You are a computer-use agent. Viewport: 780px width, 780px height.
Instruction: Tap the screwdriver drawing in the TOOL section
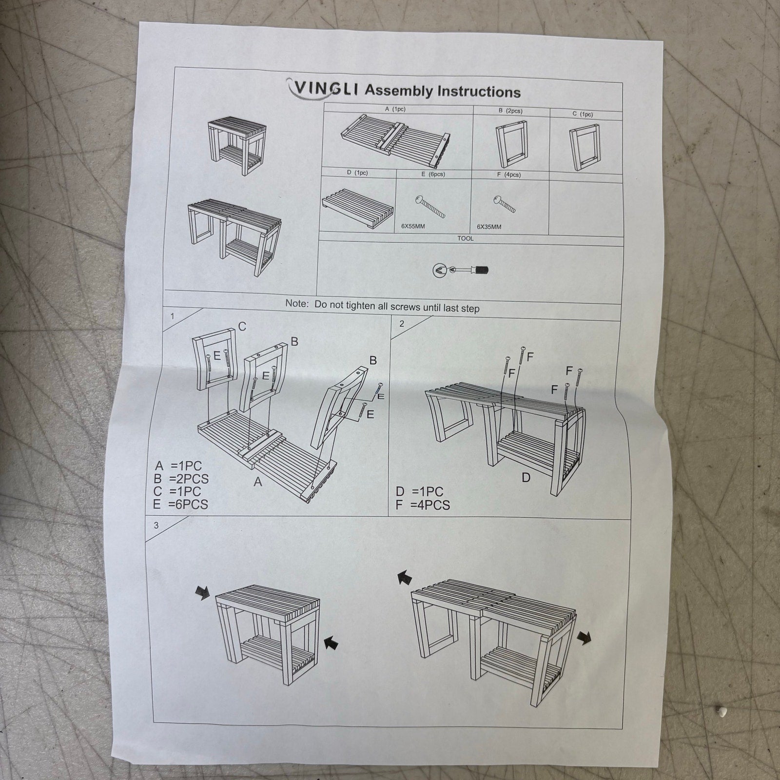point(461,270)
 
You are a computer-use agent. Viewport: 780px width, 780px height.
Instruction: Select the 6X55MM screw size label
point(413,226)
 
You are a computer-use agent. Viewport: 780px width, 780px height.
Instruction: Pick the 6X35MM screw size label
point(489,227)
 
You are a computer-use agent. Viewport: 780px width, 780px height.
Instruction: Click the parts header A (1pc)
point(395,109)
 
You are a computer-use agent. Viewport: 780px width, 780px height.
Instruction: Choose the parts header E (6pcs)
point(433,174)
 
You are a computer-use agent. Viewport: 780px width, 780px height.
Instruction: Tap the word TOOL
point(465,238)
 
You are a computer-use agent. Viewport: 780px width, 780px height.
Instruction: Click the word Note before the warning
point(297,303)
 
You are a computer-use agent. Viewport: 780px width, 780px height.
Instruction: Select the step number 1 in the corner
point(172,316)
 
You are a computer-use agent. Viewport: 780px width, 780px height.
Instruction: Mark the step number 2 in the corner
point(401,324)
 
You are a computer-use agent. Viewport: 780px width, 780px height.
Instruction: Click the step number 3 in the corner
point(156,526)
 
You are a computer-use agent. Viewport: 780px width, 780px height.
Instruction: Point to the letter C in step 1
point(242,327)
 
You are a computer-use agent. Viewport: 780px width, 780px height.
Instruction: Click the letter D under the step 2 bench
point(512,477)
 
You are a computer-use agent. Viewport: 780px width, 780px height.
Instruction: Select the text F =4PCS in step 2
point(423,505)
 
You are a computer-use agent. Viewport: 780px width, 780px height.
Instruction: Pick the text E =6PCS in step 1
point(180,504)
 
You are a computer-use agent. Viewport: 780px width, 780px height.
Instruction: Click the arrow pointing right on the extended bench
point(584,637)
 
